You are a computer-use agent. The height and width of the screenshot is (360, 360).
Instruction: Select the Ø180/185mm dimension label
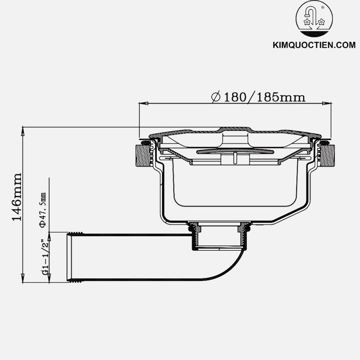pos(258,97)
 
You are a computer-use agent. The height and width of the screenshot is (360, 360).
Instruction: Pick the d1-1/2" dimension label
pos(45,256)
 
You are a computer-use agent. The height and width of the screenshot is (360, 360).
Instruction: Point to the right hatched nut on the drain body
pos(328,155)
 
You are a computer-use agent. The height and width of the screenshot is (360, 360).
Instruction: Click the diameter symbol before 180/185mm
pos(216,97)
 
